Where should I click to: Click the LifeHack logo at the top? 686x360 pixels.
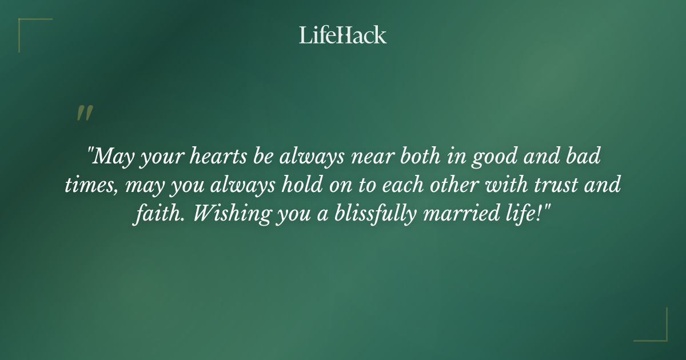click(x=343, y=35)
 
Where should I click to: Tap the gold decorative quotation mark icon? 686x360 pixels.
click(x=84, y=113)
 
